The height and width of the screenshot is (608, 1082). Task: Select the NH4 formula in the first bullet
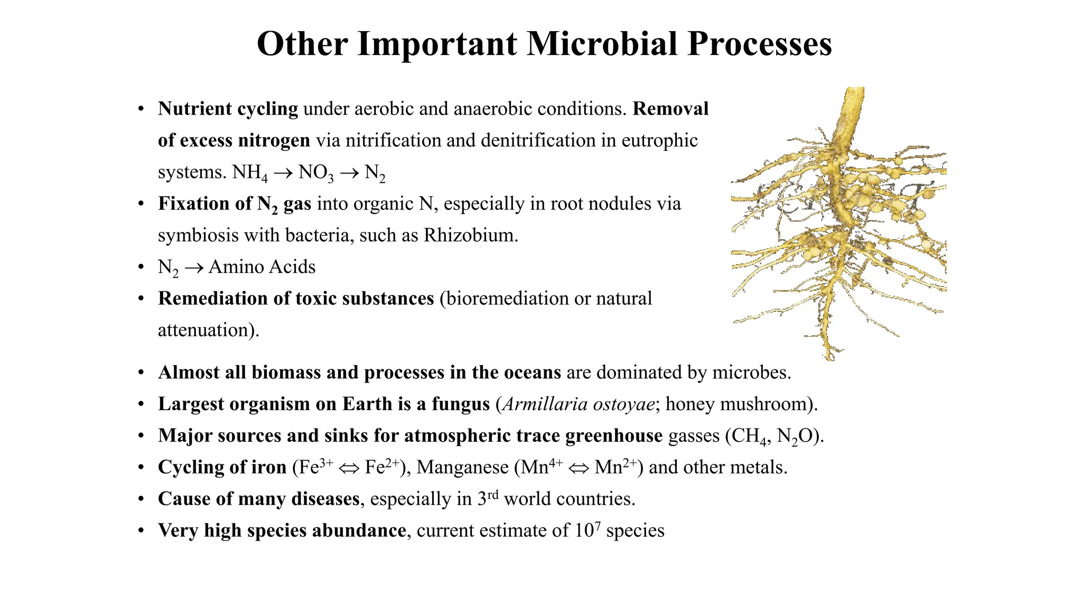[250, 173]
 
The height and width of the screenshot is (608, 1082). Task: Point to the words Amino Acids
[262, 267]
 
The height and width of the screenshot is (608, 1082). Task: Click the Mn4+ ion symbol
[542, 467]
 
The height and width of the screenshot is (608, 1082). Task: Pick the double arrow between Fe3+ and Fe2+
[349, 468]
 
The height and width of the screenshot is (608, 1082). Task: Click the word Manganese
[462, 468]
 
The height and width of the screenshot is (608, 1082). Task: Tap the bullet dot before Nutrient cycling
[141, 109]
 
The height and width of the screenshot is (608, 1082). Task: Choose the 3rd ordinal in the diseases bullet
[488, 499]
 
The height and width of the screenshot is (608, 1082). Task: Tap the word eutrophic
[659, 141]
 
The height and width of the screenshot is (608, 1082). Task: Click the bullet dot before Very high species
[141, 530]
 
